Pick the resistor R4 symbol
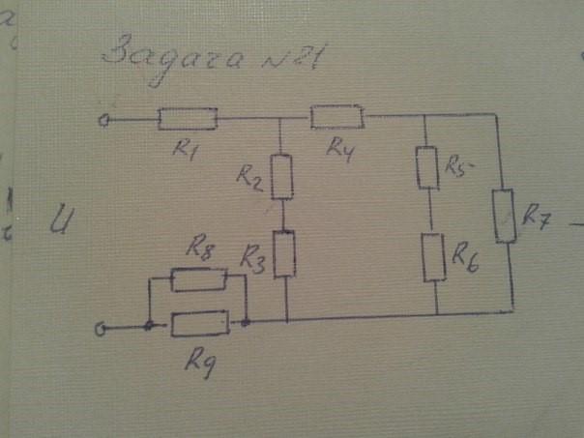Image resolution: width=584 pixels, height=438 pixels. pyautogui.click(x=336, y=117)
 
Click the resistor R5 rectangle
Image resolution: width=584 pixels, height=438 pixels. pyautogui.click(x=428, y=167)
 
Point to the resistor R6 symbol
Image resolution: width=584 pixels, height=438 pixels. pyautogui.click(x=435, y=256)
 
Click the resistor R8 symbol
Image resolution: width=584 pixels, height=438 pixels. pyautogui.click(x=198, y=280)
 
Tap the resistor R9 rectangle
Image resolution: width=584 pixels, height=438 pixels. pyautogui.click(x=200, y=322)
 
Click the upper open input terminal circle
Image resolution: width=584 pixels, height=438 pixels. pyautogui.click(x=103, y=121)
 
